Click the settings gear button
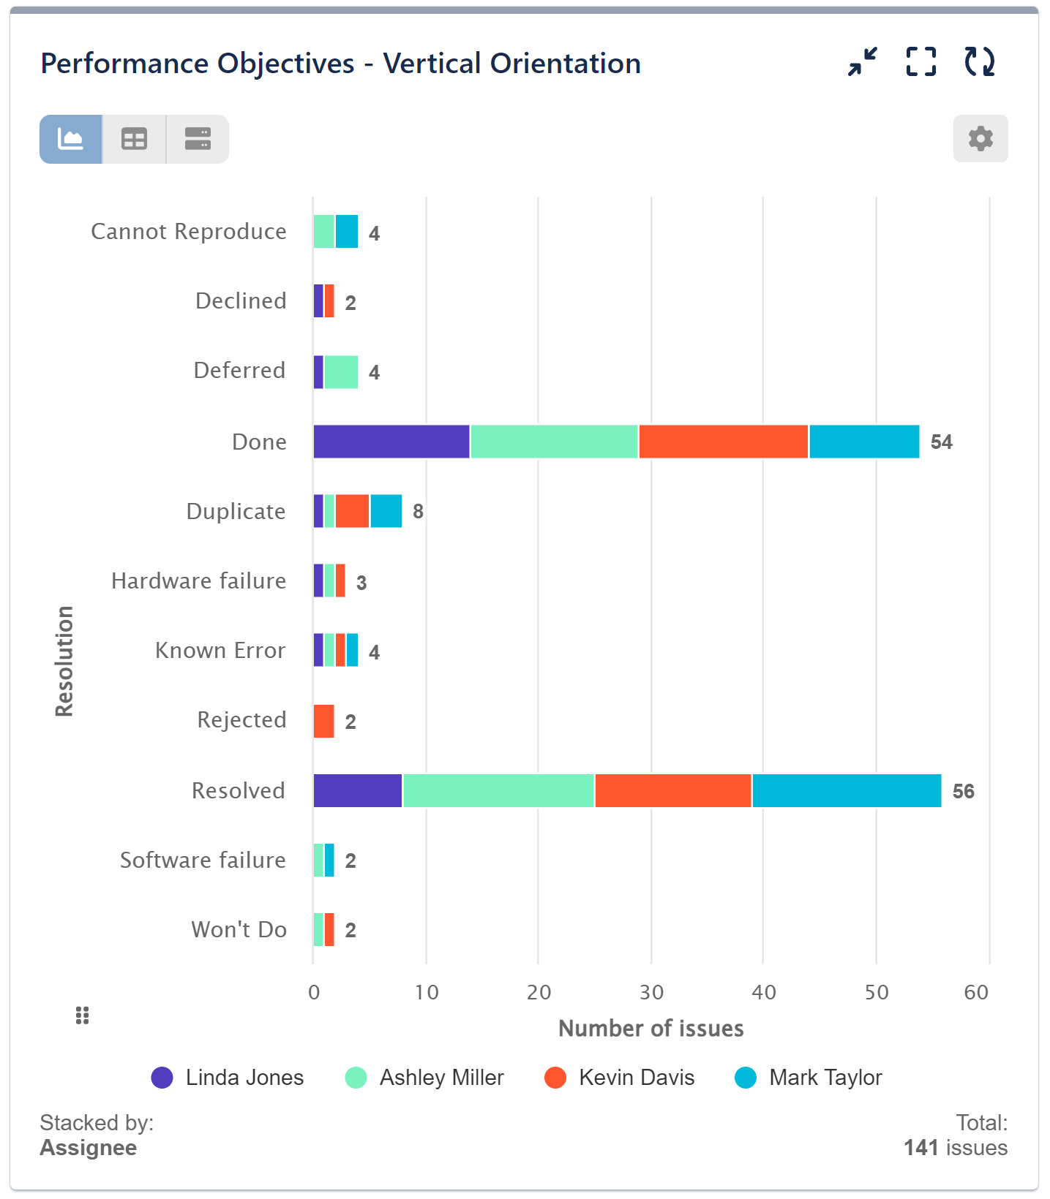pyautogui.click(x=980, y=138)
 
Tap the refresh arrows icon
pyautogui.click(x=979, y=62)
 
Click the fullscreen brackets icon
pyautogui.click(x=920, y=62)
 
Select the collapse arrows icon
pyautogui.click(x=863, y=62)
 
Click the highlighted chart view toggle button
pyautogui.click(x=71, y=139)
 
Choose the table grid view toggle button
pyautogui.click(x=134, y=139)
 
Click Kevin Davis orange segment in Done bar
pyautogui.click(x=723, y=442)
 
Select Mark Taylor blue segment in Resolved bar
pyautogui.click(x=847, y=790)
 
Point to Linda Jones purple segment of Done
pyautogui.click(x=391, y=442)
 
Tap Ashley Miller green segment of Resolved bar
pyautogui.click(x=498, y=790)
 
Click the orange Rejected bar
pyautogui.click(x=323, y=721)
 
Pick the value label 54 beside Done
pyautogui.click(x=941, y=442)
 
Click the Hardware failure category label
pyautogui.click(x=198, y=580)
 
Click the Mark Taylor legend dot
pyautogui.click(x=746, y=1077)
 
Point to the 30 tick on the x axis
pyautogui.click(x=651, y=992)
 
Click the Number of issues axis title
pyautogui.click(x=650, y=1028)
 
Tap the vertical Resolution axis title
pyautogui.click(x=64, y=661)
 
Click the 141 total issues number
pyautogui.click(x=920, y=1147)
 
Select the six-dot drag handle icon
pyautogui.click(x=82, y=1015)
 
